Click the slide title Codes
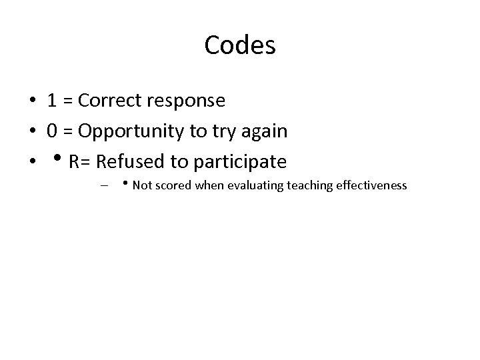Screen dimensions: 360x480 pyautogui.click(x=240, y=45)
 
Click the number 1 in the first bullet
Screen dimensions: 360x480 pyautogui.click(x=51, y=101)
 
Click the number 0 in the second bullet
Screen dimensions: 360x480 pyautogui.click(x=51, y=131)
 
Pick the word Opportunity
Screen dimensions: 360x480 pyautogui.click(x=133, y=132)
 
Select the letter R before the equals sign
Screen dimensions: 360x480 pyautogui.click(x=74, y=162)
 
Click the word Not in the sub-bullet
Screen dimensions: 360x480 pyautogui.click(x=142, y=185)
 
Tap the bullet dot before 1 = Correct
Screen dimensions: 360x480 pyautogui.click(x=32, y=101)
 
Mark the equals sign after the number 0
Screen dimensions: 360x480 pyautogui.click(x=67, y=132)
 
